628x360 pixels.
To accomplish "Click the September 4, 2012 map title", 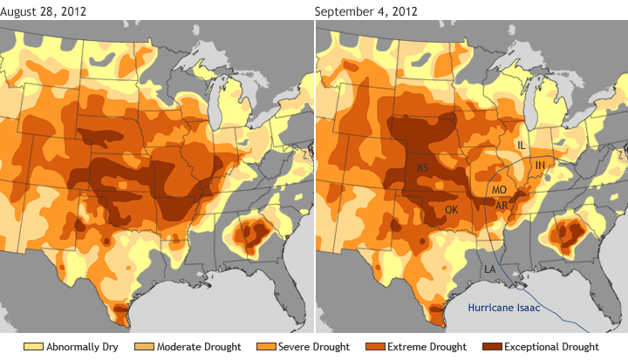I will (x=365, y=10).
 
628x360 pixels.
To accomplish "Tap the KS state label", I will (x=423, y=167).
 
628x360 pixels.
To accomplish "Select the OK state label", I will (x=451, y=210).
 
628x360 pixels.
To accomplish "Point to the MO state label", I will (x=500, y=189).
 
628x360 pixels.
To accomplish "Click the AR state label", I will (x=502, y=206).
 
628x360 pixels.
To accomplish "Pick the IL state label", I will (x=521, y=145).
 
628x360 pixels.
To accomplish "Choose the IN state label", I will (x=540, y=165).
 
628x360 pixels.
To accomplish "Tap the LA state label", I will (x=490, y=269).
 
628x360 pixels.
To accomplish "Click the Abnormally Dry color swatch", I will (x=33, y=347).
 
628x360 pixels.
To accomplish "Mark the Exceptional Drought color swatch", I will (x=485, y=347).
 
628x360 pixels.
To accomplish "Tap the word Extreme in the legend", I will (x=406, y=347).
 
